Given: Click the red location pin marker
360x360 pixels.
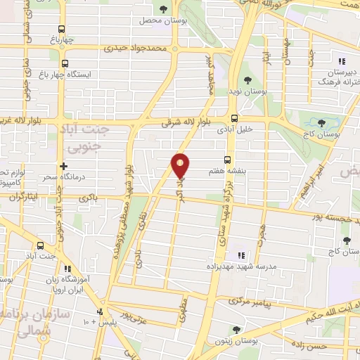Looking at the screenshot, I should click(x=181, y=165).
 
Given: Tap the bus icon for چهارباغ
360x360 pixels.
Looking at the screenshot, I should click(x=62, y=30).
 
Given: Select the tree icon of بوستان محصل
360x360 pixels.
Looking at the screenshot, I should click(x=163, y=9).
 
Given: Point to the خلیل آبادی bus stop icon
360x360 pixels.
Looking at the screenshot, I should click(x=234, y=118).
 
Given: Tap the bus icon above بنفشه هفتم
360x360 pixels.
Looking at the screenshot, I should click(x=226, y=160).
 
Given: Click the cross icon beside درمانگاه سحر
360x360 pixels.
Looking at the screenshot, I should click(x=64, y=167).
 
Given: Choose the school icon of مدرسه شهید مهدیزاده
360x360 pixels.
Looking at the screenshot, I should click(x=239, y=255).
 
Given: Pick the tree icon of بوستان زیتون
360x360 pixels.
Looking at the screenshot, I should click(x=236, y=329).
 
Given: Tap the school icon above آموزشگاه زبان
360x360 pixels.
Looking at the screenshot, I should click(x=67, y=269).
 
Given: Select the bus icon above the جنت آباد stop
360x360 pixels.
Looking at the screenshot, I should click(x=39, y=246).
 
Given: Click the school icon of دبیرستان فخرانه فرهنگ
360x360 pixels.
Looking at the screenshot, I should click(x=341, y=60).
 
